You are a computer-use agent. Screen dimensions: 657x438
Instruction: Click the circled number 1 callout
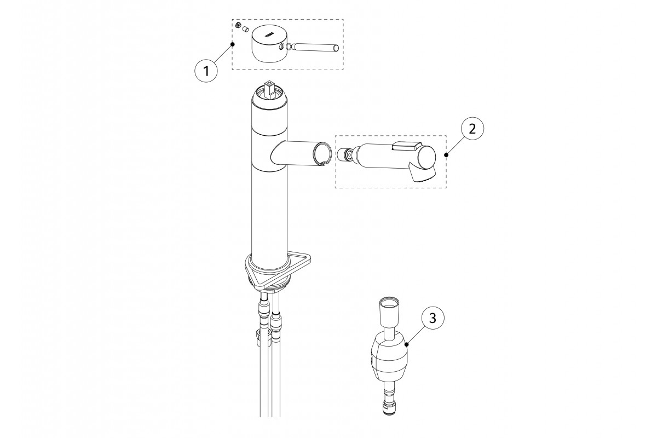pos(206,71)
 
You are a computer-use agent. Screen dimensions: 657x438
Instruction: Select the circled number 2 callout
pos(472,129)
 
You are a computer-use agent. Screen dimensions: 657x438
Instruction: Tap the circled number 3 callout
pos(433,318)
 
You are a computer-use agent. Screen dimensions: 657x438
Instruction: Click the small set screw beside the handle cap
pos(239,26)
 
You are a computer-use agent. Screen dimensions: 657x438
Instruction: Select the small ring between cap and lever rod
pos(290,47)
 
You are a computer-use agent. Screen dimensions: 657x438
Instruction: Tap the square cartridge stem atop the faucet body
pos(269,89)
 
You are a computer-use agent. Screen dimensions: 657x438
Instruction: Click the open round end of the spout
pos(322,154)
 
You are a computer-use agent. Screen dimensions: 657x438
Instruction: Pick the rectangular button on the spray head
pos(407,146)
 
